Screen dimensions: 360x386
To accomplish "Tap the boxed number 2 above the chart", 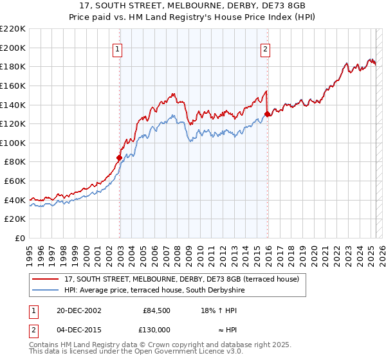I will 265,48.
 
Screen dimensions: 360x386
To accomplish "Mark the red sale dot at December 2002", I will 119,157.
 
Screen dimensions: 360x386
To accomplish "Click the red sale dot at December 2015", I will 267,114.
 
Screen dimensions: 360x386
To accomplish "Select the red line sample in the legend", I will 46,279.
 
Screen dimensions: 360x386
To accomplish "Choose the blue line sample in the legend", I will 46,291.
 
